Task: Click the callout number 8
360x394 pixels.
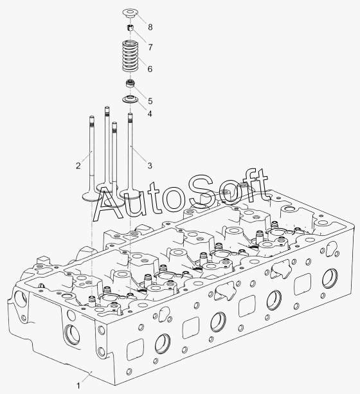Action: (150, 27)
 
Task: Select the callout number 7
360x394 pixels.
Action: (150, 47)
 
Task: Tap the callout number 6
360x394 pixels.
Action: (150, 69)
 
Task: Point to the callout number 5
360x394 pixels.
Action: (150, 101)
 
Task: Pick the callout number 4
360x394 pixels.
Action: (150, 114)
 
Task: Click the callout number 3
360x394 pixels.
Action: (150, 166)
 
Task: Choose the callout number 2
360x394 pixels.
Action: (78, 166)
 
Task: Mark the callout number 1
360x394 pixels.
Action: (78, 386)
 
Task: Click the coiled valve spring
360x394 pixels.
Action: (130, 56)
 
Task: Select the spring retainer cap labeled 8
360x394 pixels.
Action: (130, 13)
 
